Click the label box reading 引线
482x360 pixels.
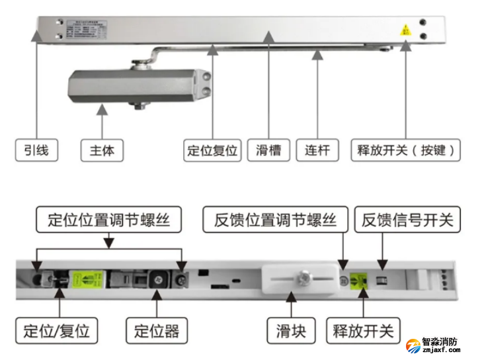click(36, 150)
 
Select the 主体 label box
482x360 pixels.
click(101, 150)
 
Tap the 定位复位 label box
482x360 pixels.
click(211, 150)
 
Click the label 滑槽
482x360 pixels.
click(268, 150)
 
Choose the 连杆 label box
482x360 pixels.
click(317, 150)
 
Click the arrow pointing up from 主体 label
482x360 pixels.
click(101, 122)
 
